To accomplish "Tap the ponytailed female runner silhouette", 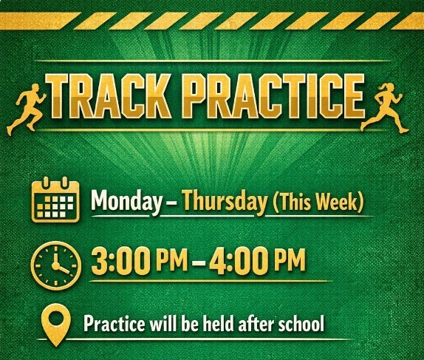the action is tap(384, 107).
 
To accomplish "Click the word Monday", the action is tap(126, 200).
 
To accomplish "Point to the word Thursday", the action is tap(225, 201).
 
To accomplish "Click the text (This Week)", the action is tap(318, 201).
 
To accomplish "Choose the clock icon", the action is tap(56, 265).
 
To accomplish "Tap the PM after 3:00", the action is tap(171, 260).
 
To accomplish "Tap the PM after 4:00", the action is tap(290, 260).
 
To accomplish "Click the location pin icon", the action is tap(56, 325).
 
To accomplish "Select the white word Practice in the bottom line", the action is tap(114, 323).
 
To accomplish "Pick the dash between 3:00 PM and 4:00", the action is tap(198, 262).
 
